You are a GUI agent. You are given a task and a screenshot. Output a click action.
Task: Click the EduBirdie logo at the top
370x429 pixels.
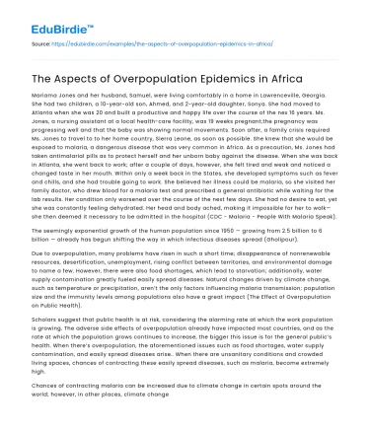(46, 16)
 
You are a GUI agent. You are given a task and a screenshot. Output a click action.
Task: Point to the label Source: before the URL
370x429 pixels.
(39, 44)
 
